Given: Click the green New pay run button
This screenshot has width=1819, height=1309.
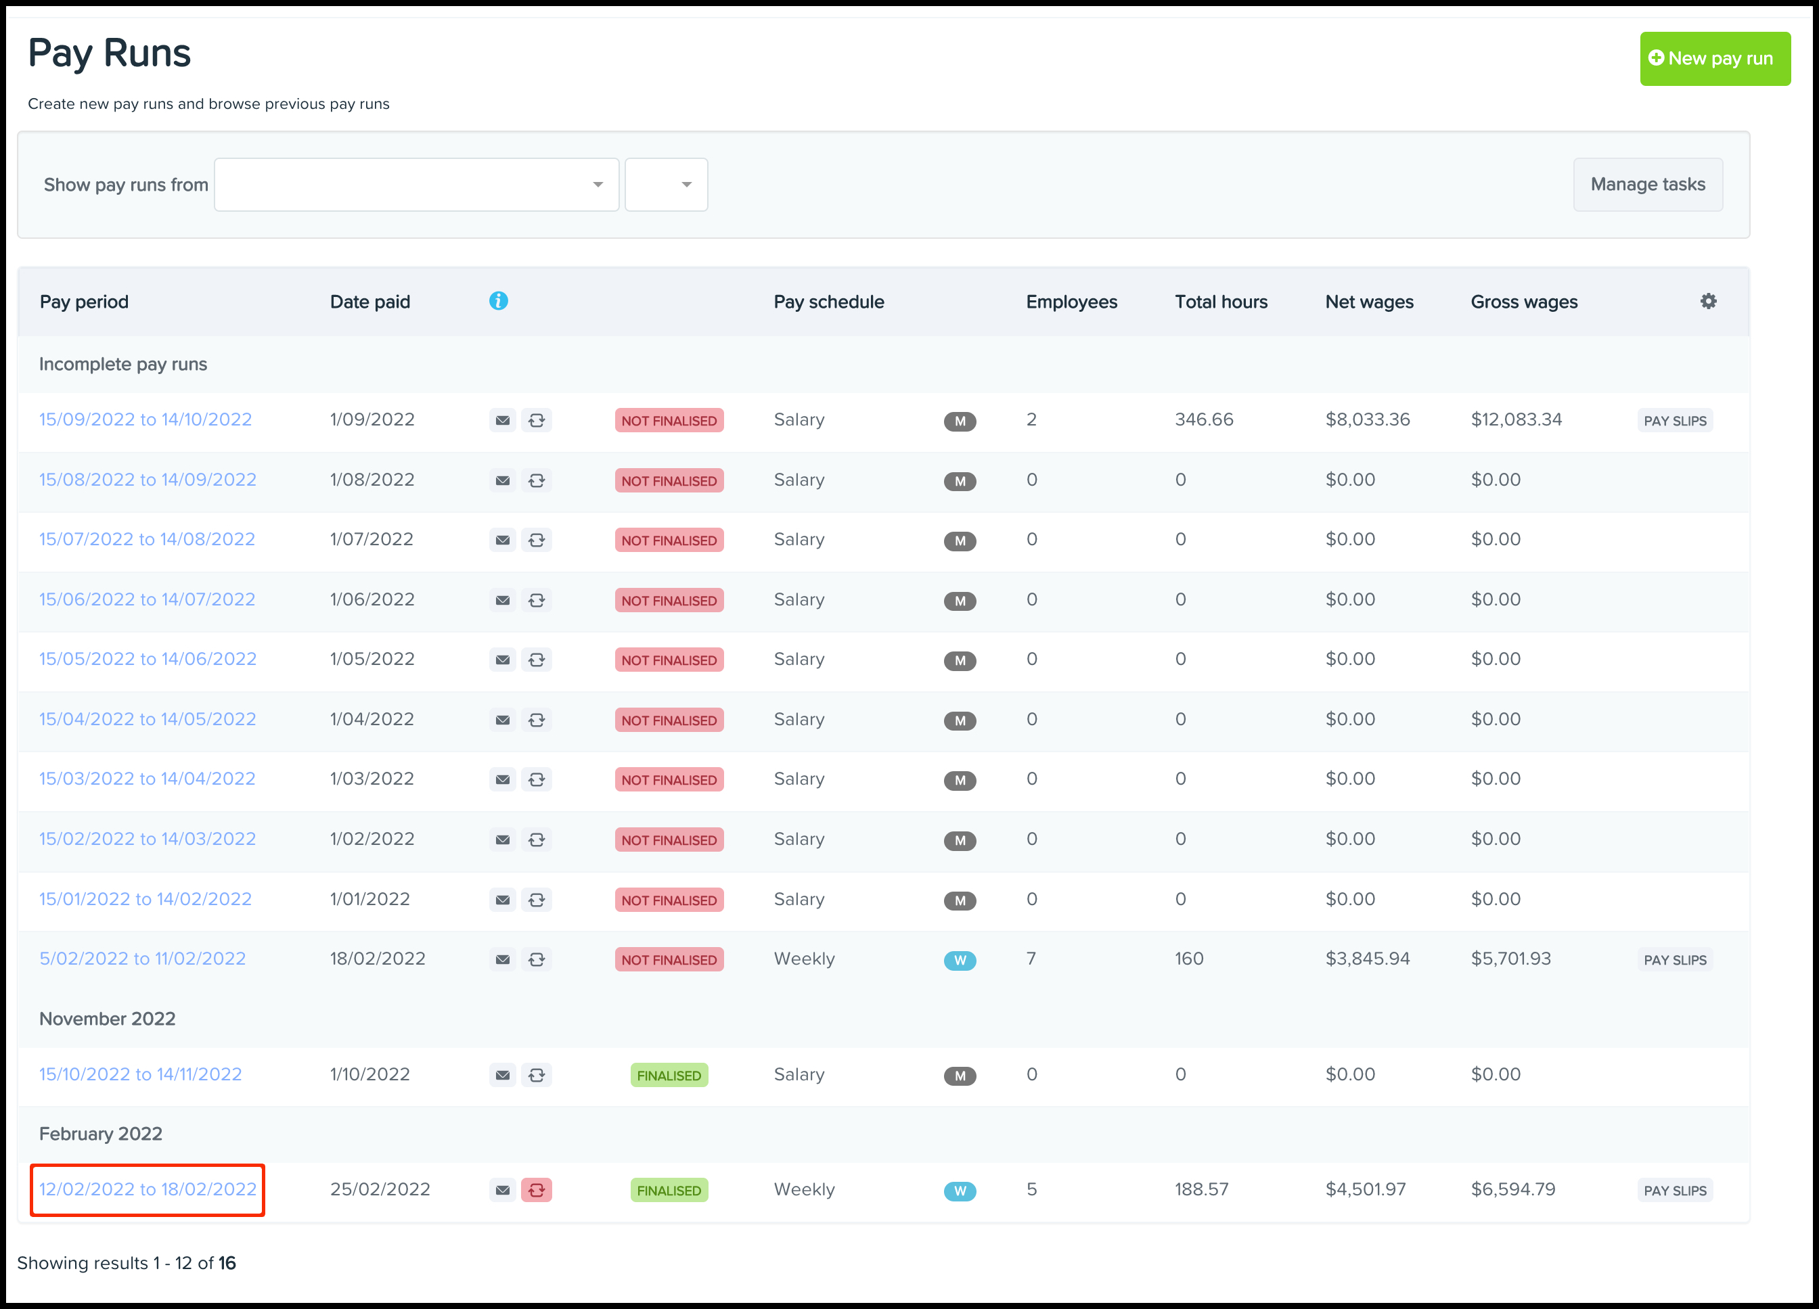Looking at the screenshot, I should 1714,59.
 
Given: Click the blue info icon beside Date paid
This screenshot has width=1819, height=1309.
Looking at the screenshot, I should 498,300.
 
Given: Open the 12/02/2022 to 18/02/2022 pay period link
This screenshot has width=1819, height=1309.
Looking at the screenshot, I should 148,1189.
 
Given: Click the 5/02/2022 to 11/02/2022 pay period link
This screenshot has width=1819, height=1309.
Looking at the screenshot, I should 142,959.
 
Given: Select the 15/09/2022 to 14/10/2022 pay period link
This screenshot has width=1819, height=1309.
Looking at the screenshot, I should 145,419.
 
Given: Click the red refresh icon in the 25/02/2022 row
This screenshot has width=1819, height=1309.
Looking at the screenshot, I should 537,1189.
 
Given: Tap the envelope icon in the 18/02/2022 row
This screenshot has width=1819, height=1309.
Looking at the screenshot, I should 502,959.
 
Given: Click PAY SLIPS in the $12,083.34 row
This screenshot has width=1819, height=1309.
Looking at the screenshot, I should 1675,421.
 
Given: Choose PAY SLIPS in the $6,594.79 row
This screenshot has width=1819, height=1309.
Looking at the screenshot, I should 1675,1191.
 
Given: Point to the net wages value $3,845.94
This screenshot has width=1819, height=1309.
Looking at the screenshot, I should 1367,959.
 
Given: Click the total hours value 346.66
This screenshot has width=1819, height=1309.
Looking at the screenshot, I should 1204,419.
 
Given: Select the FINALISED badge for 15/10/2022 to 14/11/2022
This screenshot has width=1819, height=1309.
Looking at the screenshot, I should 669,1075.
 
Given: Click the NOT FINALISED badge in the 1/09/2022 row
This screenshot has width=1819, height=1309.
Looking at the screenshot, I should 669,421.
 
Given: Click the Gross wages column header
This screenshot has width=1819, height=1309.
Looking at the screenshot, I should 1523,302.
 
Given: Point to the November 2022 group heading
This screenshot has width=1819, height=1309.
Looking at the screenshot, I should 108,1019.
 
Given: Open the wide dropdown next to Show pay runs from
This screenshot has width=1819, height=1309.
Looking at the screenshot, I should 416,185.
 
